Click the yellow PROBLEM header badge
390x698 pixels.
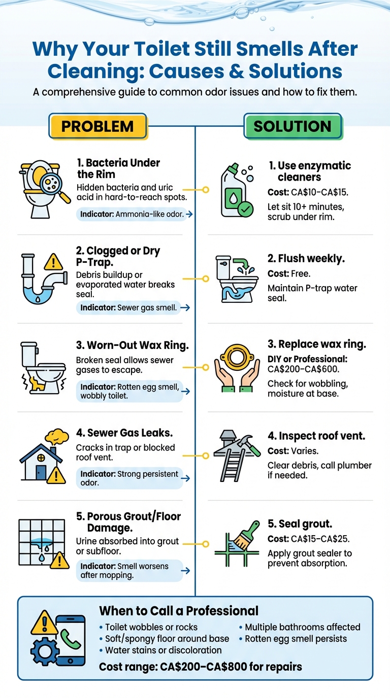(97, 126)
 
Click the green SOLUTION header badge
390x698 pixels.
(292, 126)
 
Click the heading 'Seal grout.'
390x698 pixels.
(300, 523)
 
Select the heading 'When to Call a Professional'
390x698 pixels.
(178, 610)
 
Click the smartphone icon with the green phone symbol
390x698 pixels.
(71, 640)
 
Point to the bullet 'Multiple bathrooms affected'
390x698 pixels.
(303, 627)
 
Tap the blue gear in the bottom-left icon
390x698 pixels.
(44, 652)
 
